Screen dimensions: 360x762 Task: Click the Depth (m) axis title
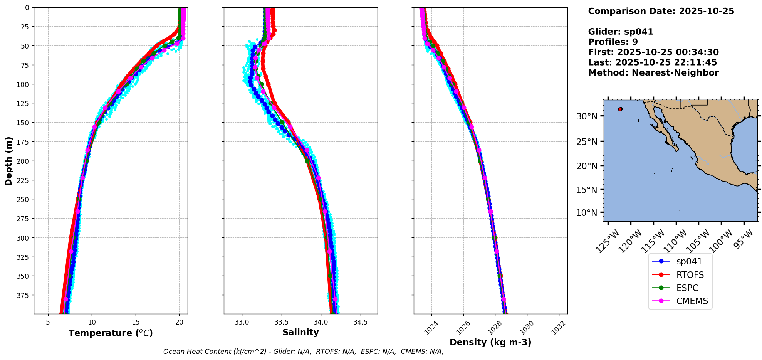click(x=8, y=161)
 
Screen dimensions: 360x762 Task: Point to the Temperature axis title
click(x=111, y=333)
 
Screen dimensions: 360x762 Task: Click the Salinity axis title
click(x=300, y=332)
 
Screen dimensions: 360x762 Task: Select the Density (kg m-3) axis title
click(x=490, y=342)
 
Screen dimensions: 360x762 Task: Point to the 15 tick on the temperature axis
click(x=136, y=322)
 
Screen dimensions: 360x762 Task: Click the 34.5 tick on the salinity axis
click(x=360, y=322)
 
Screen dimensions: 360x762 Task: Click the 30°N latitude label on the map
click(x=587, y=116)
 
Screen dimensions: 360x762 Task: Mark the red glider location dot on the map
click(x=620, y=109)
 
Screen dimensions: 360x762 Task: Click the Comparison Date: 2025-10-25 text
click(x=661, y=11)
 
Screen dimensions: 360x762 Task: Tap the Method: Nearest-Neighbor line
click(x=653, y=73)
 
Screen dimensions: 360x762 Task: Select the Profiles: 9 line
click(x=613, y=42)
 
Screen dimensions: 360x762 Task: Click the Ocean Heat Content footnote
click(x=303, y=352)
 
